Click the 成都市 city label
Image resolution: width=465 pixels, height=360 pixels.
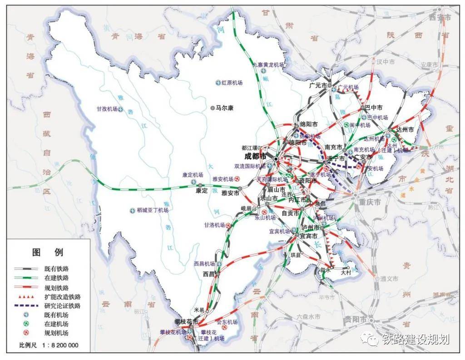(x=256, y=156)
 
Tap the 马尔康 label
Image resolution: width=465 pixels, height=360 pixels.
(x=224, y=108)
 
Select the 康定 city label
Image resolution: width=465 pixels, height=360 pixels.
(x=201, y=191)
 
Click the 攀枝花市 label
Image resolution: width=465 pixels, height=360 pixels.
(x=186, y=321)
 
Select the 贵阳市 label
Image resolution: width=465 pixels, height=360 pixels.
(x=356, y=319)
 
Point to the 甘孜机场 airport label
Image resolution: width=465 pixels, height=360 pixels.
(x=107, y=109)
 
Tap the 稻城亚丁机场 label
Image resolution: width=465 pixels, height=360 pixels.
(x=152, y=211)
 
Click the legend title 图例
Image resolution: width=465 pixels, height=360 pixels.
(x=47, y=252)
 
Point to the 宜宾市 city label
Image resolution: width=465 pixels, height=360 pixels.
(x=309, y=236)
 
